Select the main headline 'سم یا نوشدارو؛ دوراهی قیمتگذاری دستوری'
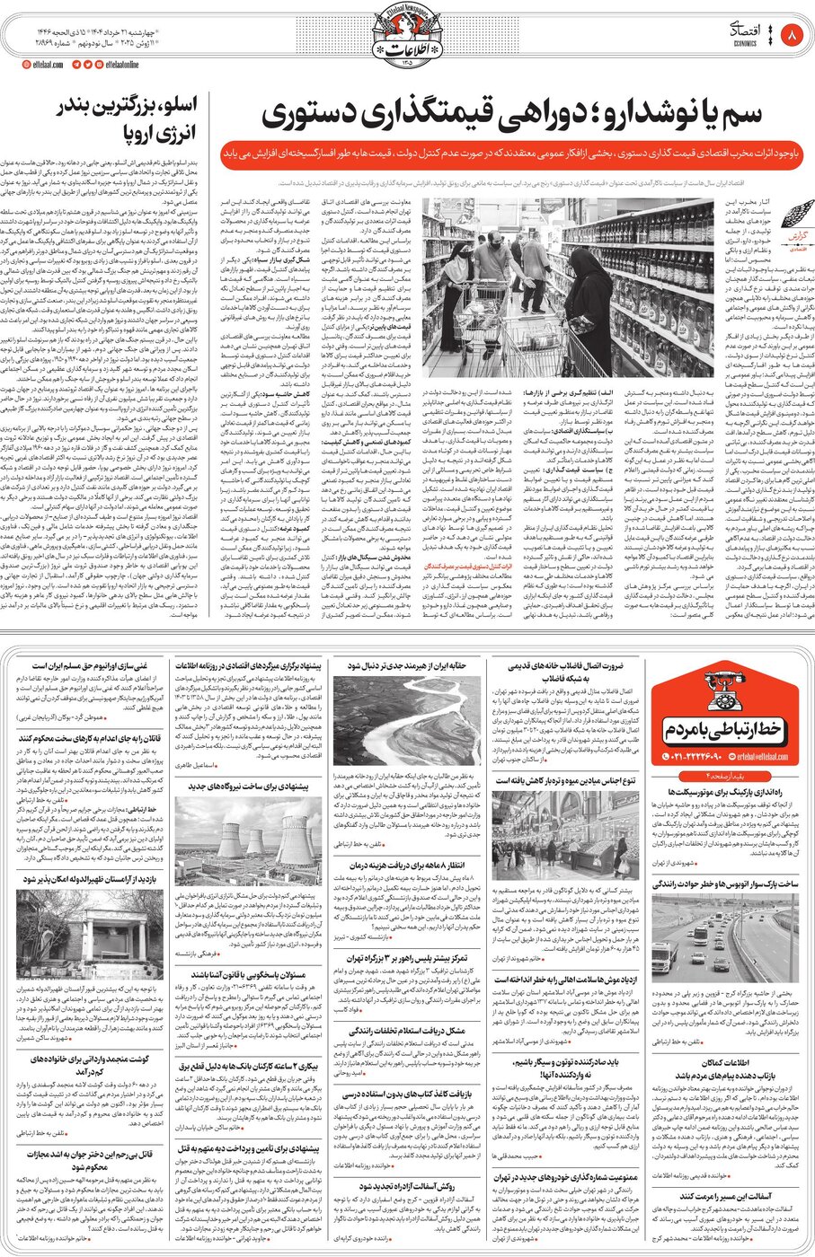point(512,115)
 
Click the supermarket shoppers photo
point(518,286)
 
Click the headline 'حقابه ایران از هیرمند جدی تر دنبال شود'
point(407,666)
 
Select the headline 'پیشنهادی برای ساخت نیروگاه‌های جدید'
point(249,785)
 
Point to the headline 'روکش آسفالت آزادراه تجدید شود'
point(406,1186)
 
